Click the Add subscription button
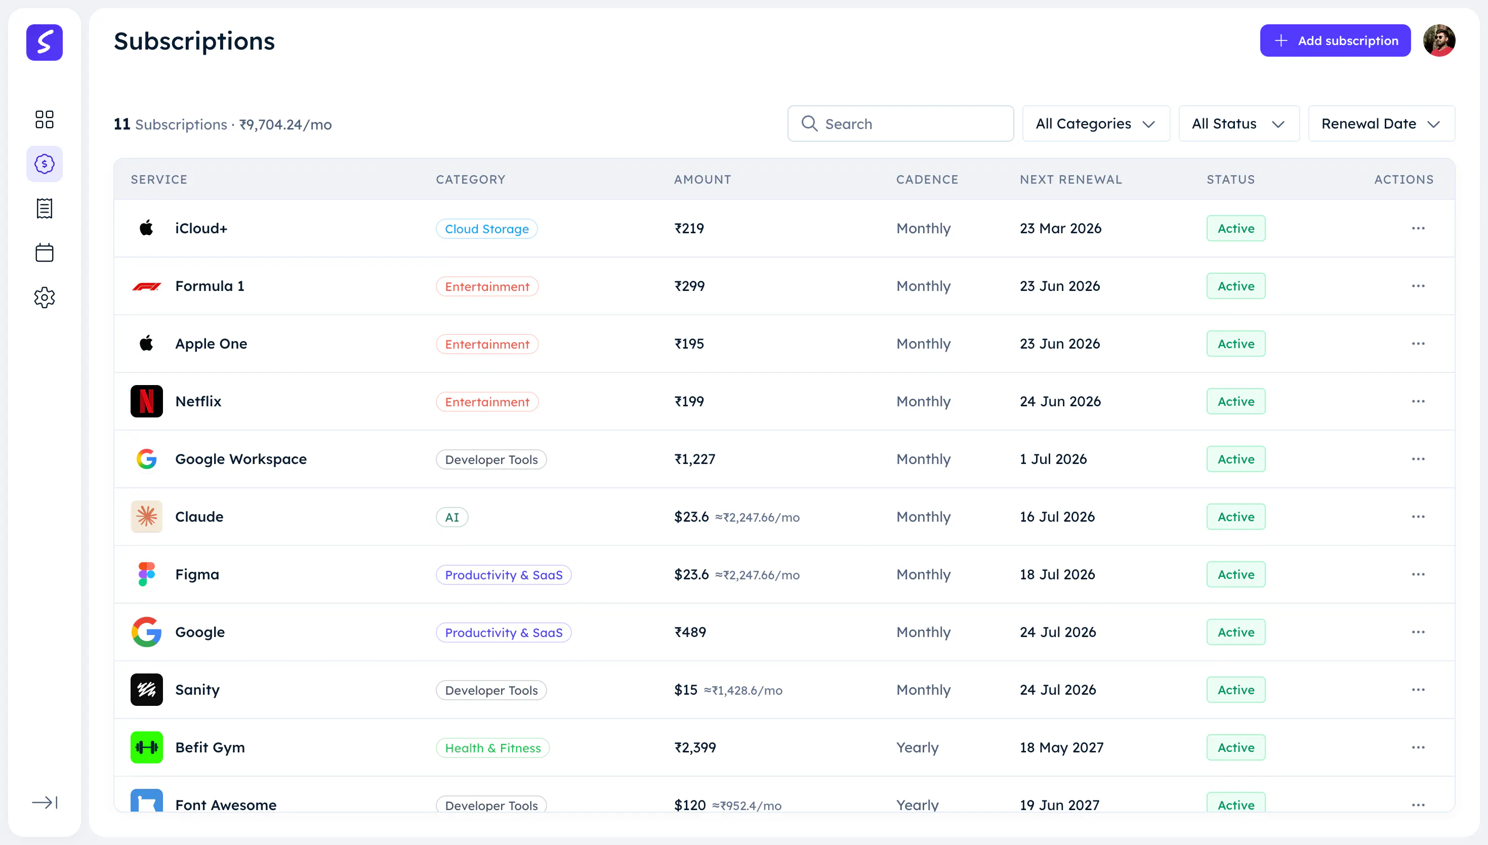1335,40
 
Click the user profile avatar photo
1439,40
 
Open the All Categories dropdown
1096,123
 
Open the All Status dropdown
1238,123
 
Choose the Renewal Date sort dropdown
1381,123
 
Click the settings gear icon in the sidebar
44,298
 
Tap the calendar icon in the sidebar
44,252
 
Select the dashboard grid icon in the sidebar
44,119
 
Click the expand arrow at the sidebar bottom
45,802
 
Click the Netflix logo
146,401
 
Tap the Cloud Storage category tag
486,229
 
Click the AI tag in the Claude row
451,517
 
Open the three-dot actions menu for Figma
1418,575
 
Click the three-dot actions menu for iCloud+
1418,228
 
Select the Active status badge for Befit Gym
1235,747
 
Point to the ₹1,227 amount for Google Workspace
695,459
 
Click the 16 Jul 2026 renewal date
1057,517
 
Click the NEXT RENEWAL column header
1071,179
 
